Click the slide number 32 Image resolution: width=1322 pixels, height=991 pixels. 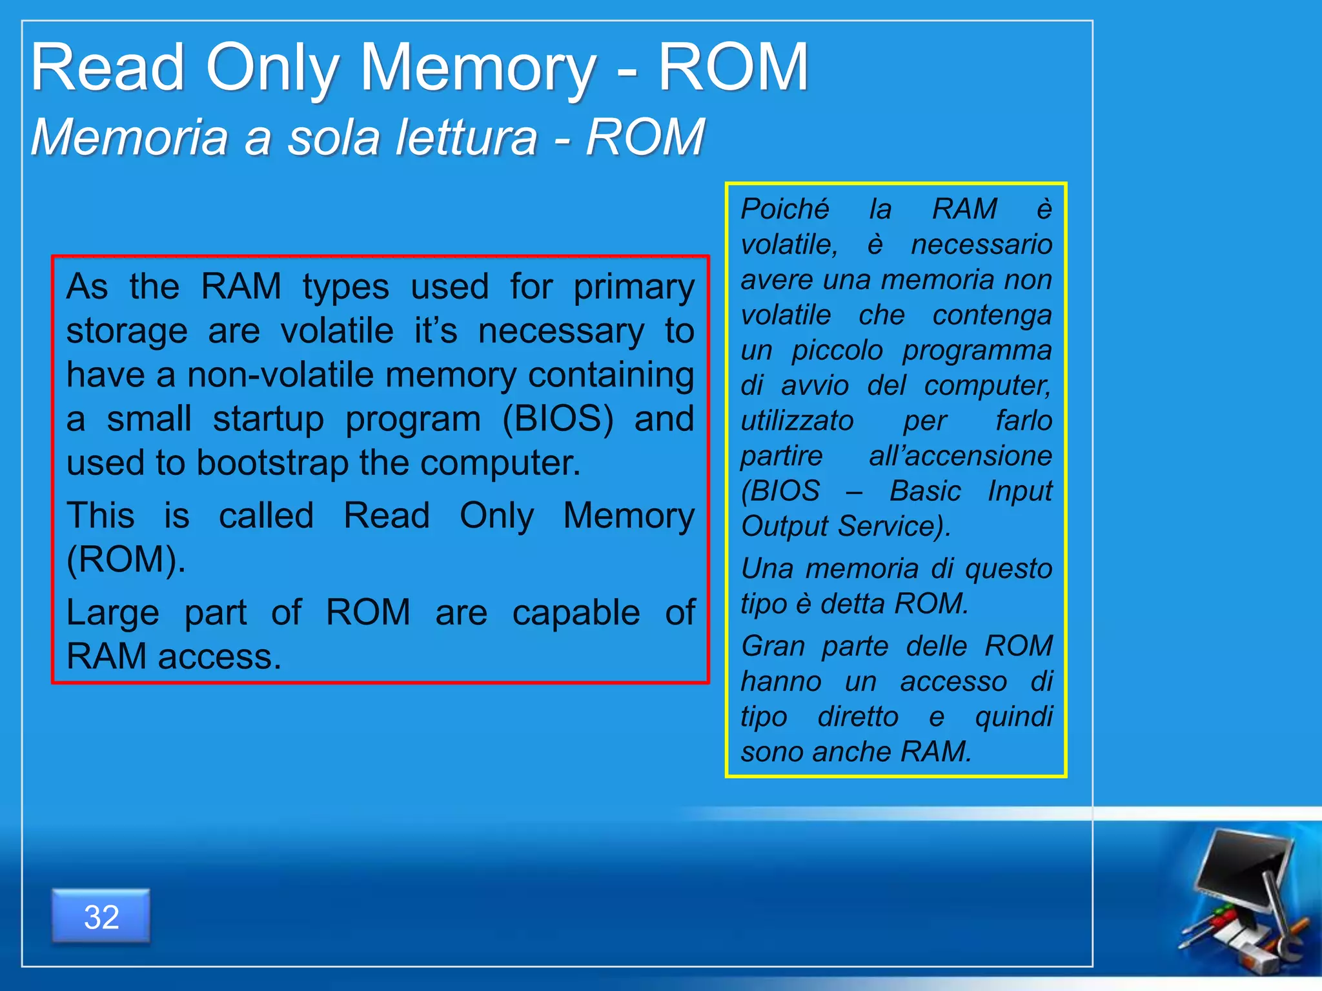point(101,917)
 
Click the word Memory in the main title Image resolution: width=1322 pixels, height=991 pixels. point(478,68)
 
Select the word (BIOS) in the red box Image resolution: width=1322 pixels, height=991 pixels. point(558,419)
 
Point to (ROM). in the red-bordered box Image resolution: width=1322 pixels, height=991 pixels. point(126,559)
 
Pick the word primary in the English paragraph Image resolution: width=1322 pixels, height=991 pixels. point(634,287)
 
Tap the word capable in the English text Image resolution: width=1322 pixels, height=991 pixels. point(576,612)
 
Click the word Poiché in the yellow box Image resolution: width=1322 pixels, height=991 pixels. point(784,209)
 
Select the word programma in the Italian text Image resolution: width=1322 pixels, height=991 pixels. point(977,350)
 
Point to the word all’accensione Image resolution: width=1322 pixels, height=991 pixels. point(960,456)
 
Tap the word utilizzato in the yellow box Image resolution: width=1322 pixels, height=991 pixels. point(797,421)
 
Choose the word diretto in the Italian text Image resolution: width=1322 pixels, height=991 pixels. point(858,717)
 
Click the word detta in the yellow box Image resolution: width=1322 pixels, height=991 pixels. point(853,604)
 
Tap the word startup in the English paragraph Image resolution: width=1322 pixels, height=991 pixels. point(269,419)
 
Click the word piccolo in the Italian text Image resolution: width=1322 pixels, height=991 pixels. point(837,350)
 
